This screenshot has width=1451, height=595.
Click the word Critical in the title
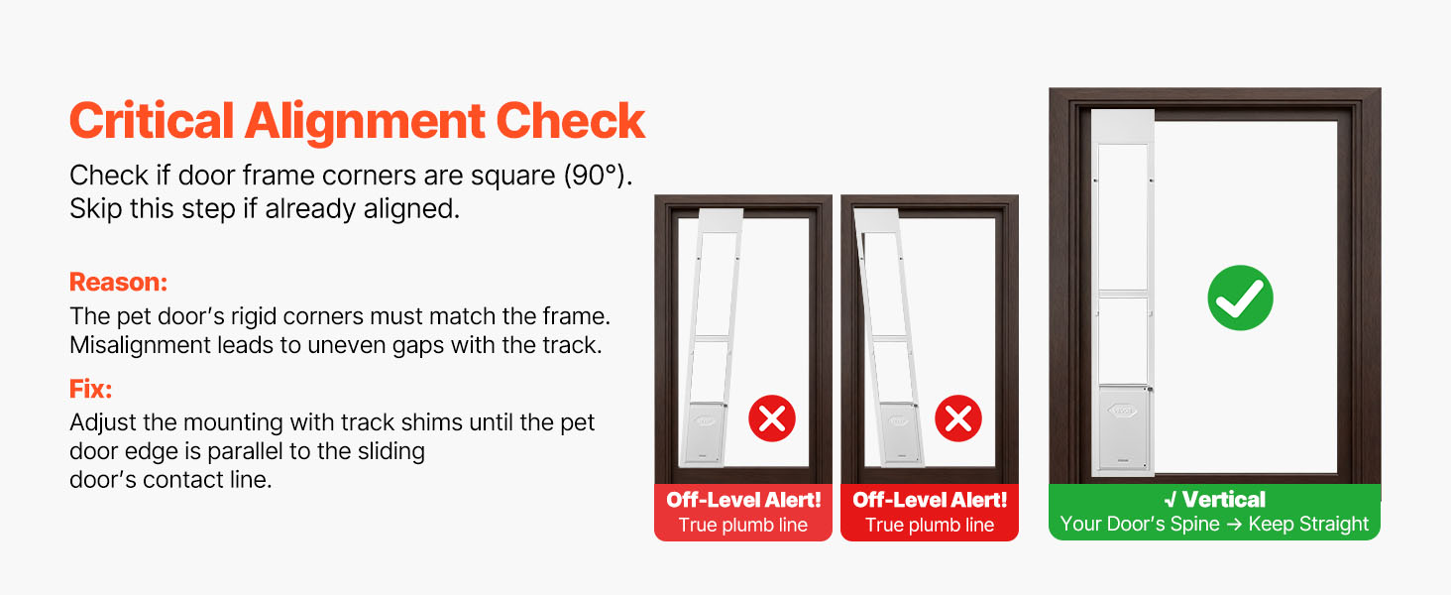pos(152,121)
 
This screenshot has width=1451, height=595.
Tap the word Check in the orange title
pos(571,121)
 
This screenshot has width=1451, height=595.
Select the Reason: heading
pos(119,282)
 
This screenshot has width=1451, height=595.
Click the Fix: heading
pos(91,389)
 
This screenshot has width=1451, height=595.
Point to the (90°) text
pos(598,176)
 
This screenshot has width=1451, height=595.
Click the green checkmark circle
pos(1241,298)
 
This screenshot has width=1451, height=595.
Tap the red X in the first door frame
pos(772,418)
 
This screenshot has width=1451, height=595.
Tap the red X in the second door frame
pos(958,418)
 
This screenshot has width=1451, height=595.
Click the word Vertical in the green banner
pos(1224,500)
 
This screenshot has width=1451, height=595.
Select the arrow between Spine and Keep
pos(1234,524)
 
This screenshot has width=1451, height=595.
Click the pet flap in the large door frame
pos(1123,427)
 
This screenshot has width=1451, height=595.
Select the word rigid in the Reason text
pos(254,317)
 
